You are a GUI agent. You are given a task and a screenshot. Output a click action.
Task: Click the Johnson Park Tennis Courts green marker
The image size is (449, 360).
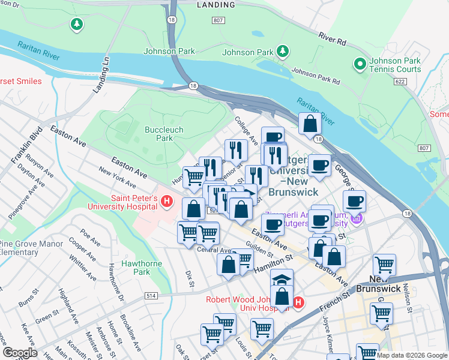pos(360,63)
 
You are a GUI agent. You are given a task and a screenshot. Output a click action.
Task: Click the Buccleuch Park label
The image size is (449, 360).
pos(164,133)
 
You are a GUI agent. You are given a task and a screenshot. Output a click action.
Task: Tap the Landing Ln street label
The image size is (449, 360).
pos(101,74)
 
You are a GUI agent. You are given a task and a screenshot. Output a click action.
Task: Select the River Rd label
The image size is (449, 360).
pos(333,38)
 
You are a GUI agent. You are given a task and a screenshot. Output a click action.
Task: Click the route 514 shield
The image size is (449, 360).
pos(151,296)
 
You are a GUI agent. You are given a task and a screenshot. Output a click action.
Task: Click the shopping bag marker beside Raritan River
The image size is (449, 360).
pos(310,124)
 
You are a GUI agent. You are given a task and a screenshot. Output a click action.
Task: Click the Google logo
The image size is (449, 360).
pos(20,353)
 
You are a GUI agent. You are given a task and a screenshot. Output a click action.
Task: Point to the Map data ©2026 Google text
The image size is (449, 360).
pos(412,355)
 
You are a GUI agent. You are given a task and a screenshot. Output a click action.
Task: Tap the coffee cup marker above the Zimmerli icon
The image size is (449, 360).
pos(354,200)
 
